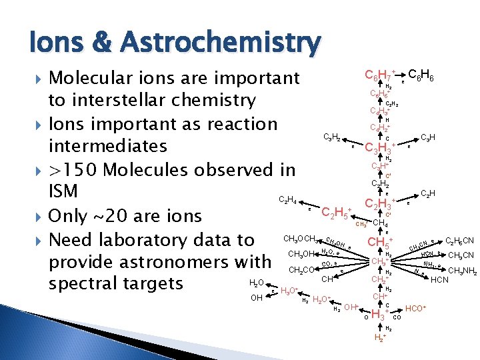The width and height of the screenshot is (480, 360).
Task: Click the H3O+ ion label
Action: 289,291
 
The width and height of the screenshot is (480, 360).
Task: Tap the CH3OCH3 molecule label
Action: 301,239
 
